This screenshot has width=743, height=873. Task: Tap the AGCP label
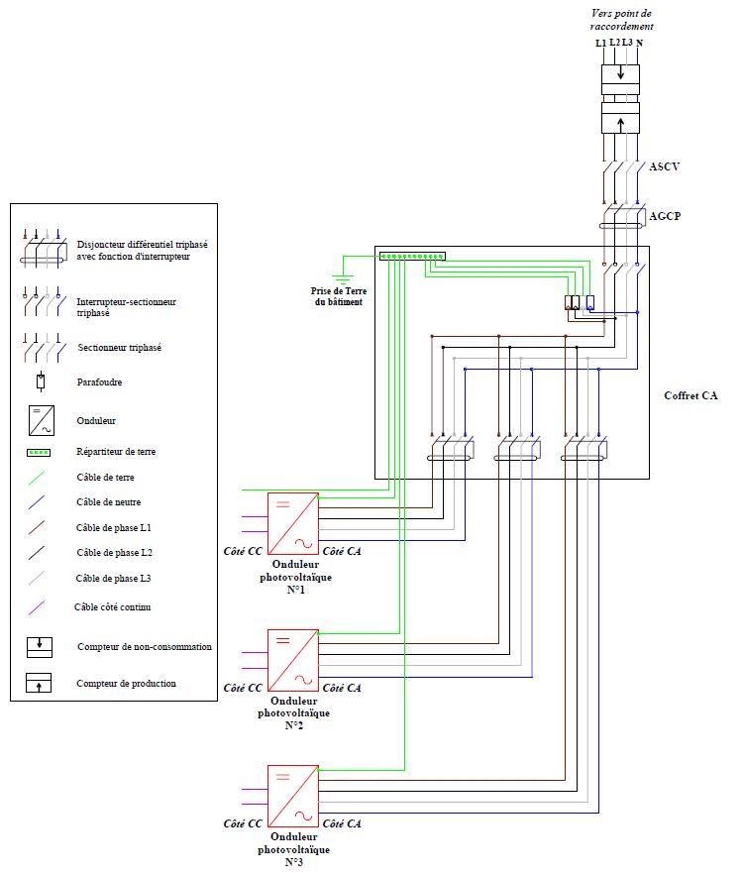[x=664, y=215]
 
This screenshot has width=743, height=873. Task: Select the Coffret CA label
[x=690, y=395]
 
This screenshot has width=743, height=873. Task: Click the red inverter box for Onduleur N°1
[x=292, y=523]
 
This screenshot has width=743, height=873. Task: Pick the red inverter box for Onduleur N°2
[x=292, y=658]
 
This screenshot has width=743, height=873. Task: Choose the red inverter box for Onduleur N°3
[x=292, y=794]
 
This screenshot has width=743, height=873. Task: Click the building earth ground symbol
[x=343, y=278]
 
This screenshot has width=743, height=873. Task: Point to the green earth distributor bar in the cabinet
[x=411, y=256]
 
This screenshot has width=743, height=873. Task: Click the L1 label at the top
[x=600, y=44]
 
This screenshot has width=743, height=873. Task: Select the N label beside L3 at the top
[x=639, y=44]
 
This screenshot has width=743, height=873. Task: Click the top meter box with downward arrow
[x=621, y=75]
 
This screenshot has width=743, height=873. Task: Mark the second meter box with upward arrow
[x=621, y=123]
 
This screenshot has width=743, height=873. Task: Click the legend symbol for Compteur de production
[x=40, y=683]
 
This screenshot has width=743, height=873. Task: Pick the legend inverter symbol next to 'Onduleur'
[x=40, y=420]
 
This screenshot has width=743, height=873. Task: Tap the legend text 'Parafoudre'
[x=99, y=382]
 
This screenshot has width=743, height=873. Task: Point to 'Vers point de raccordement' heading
[x=621, y=20]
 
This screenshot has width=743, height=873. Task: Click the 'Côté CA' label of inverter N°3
[x=342, y=822]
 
